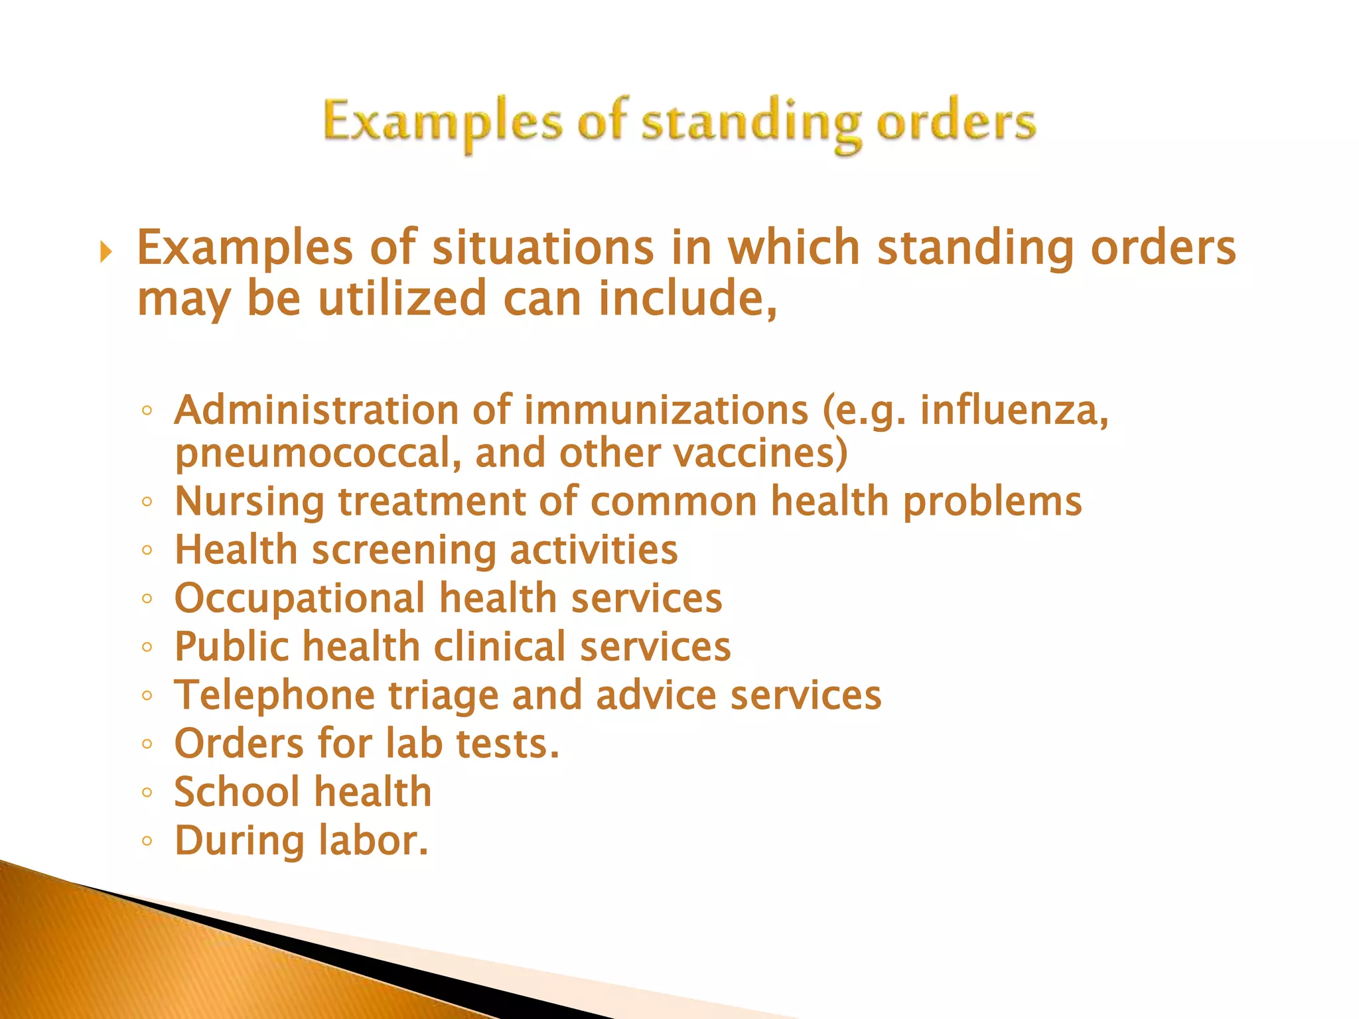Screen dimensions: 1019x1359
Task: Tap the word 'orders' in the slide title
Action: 956,123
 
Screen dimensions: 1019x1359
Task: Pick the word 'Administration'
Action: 317,410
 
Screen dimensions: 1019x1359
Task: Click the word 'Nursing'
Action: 250,501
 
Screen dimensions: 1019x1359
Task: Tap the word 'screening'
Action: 403,551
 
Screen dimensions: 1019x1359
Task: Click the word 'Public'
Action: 232,647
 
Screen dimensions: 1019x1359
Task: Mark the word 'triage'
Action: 443,695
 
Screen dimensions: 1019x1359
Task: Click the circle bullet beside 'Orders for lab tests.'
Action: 147,744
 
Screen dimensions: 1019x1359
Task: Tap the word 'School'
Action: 237,792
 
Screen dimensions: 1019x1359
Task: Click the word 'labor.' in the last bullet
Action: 373,841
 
